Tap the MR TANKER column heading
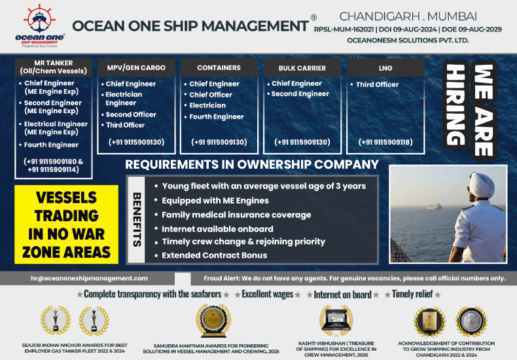[53, 67]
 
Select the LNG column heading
[385, 67]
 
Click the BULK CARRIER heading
[302, 67]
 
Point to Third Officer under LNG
[377, 84]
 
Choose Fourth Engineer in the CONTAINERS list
[216, 117]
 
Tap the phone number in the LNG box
[385, 142]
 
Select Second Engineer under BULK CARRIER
[300, 94]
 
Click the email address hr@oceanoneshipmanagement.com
[89, 278]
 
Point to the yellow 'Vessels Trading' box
[66, 225]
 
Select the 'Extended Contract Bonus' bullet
[214, 255]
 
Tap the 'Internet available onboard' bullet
[217, 228]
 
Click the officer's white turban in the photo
[462, 182]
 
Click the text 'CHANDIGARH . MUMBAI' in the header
[408, 16]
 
